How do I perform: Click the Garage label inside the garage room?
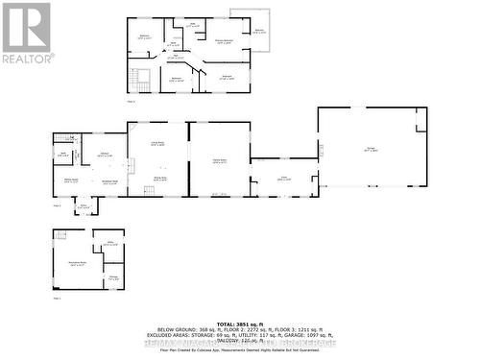(371, 150)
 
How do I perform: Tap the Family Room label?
(220, 159)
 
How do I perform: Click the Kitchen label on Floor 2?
(103, 154)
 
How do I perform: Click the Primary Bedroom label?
(225, 40)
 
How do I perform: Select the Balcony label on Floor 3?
(259, 31)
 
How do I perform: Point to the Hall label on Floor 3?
(178, 58)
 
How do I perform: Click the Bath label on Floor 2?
(63, 154)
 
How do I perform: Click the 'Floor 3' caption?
(132, 100)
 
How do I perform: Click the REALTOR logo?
(27, 32)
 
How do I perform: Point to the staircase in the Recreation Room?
(61, 235)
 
